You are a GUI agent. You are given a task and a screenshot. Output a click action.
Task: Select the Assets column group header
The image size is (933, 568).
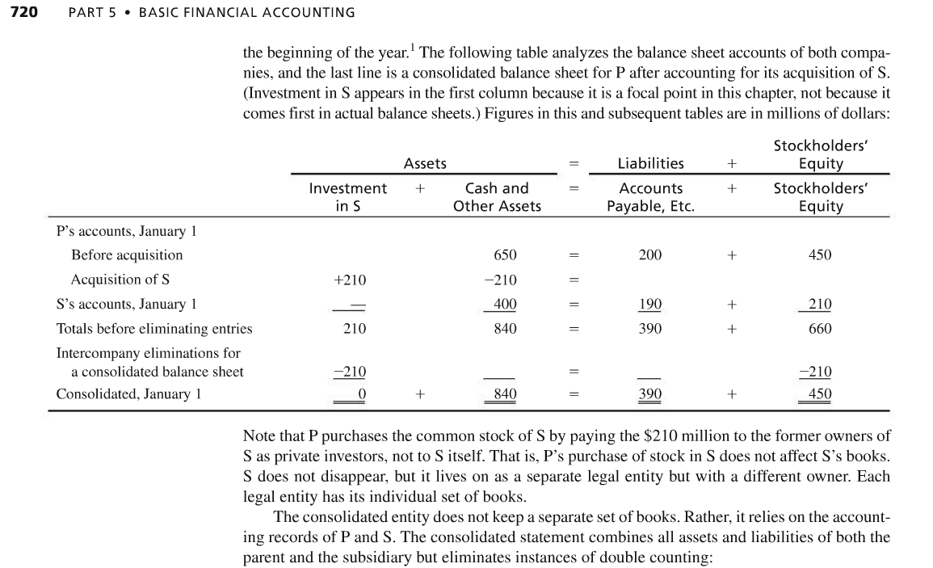pyautogui.click(x=425, y=163)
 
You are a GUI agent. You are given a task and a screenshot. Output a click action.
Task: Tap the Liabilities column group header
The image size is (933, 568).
pyautogui.click(x=650, y=163)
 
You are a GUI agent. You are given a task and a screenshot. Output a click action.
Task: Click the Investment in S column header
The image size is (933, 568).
pyautogui.click(x=348, y=197)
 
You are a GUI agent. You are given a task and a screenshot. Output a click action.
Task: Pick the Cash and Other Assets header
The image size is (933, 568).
pyautogui.click(x=497, y=197)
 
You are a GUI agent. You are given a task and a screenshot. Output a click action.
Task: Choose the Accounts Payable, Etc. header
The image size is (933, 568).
pyautogui.click(x=650, y=197)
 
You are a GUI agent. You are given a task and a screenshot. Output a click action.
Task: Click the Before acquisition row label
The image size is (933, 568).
pyautogui.click(x=127, y=255)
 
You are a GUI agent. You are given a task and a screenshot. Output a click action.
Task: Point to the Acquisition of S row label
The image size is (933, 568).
pyautogui.click(x=120, y=280)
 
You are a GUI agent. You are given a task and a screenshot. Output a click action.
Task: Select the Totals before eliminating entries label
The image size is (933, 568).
pyautogui.click(x=154, y=329)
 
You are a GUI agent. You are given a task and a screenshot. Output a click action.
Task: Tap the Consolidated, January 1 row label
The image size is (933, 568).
pyautogui.click(x=128, y=394)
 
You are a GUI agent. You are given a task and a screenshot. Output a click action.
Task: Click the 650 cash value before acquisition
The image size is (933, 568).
pyautogui.click(x=505, y=255)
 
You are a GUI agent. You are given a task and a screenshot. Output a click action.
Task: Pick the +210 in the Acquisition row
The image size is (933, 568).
pyautogui.click(x=350, y=280)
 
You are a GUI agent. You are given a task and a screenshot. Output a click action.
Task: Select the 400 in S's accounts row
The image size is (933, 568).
pyautogui.click(x=505, y=305)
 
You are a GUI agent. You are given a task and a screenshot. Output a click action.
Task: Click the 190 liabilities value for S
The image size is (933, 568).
pyautogui.click(x=650, y=305)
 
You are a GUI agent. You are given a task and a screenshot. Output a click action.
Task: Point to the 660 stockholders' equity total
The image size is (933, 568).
pyautogui.click(x=820, y=329)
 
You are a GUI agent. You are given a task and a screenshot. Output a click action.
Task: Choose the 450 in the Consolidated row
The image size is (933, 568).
pyautogui.click(x=820, y=394)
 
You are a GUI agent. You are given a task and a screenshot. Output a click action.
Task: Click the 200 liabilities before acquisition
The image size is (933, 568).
pyautogui.click(x=650, y=255)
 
